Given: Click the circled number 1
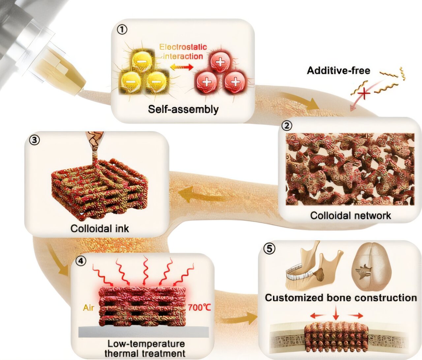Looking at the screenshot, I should [x=122, y=30].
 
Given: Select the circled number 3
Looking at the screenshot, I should [x=35, y=140].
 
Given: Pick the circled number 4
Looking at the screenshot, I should [x=81, y=261].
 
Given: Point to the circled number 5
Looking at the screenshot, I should [x=269, y=249].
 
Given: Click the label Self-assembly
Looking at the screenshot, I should [x=183, y=109].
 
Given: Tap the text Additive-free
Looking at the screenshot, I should [x=338, y=70].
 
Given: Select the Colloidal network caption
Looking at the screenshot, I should [x=350, y=215].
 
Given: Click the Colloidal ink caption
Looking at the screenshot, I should [x=100, y=229].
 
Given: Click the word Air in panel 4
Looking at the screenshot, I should [x=89, y=308].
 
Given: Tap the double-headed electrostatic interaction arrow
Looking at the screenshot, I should [x=182, y=67].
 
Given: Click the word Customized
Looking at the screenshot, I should [x=294, y=298].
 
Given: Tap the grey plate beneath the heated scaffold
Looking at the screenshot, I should [x=143, y=332].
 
